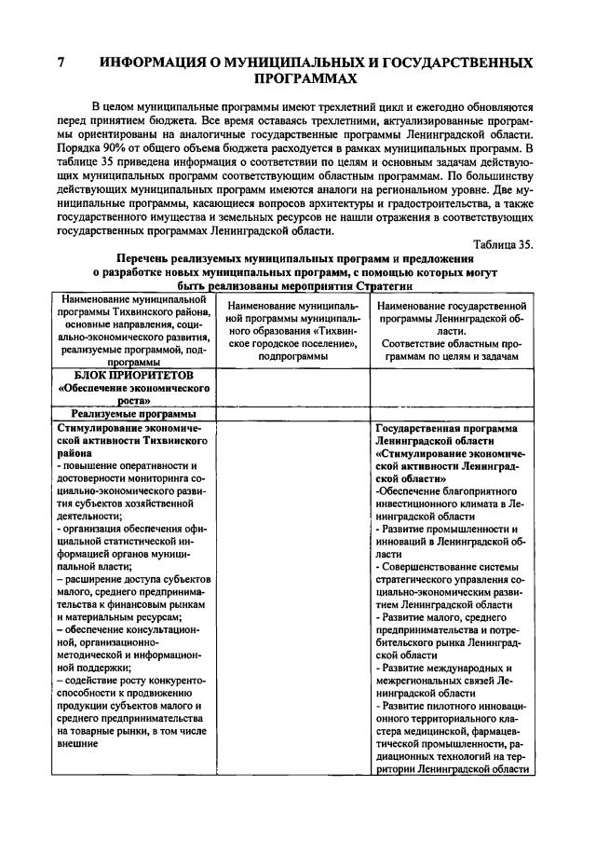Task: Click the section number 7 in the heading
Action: (61, 63)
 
